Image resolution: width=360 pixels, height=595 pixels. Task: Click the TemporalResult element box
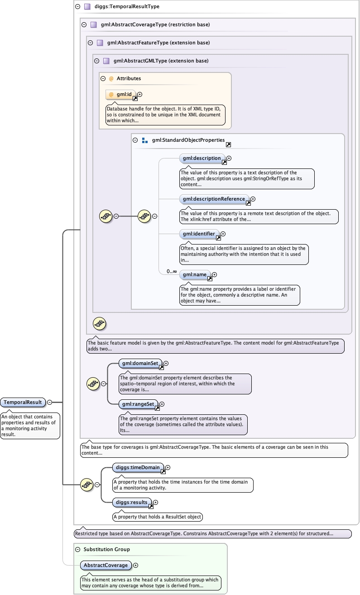point(23,402)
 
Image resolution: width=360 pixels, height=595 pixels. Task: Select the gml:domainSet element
point(140,363)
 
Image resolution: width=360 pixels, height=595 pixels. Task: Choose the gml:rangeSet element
point(139,404)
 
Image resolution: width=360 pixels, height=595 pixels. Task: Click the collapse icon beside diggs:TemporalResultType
point(78,7)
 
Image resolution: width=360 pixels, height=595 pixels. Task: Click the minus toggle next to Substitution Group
point(78,549)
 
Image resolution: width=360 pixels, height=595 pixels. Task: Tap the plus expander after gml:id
point(140,94)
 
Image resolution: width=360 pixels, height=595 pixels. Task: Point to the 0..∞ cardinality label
point(172,271)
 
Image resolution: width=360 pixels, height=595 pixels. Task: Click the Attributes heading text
point(129,78)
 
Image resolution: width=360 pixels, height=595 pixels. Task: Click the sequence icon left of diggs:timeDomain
point(86,485)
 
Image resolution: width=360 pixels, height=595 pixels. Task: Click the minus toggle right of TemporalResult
point(50,402)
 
